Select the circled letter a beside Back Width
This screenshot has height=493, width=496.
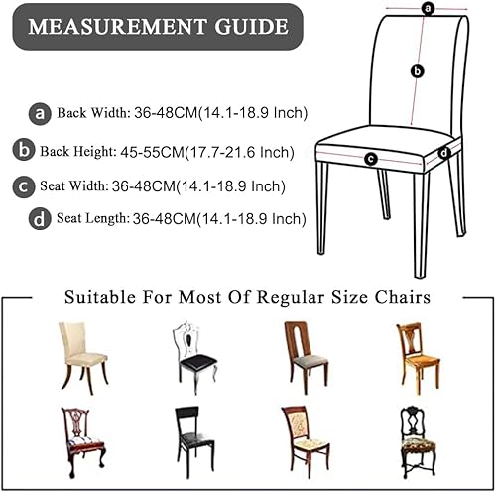[41, 114]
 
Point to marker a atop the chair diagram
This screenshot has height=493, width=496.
[429, 9]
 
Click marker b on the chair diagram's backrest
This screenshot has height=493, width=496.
[418, 71]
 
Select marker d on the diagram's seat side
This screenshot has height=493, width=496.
[443, 153]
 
